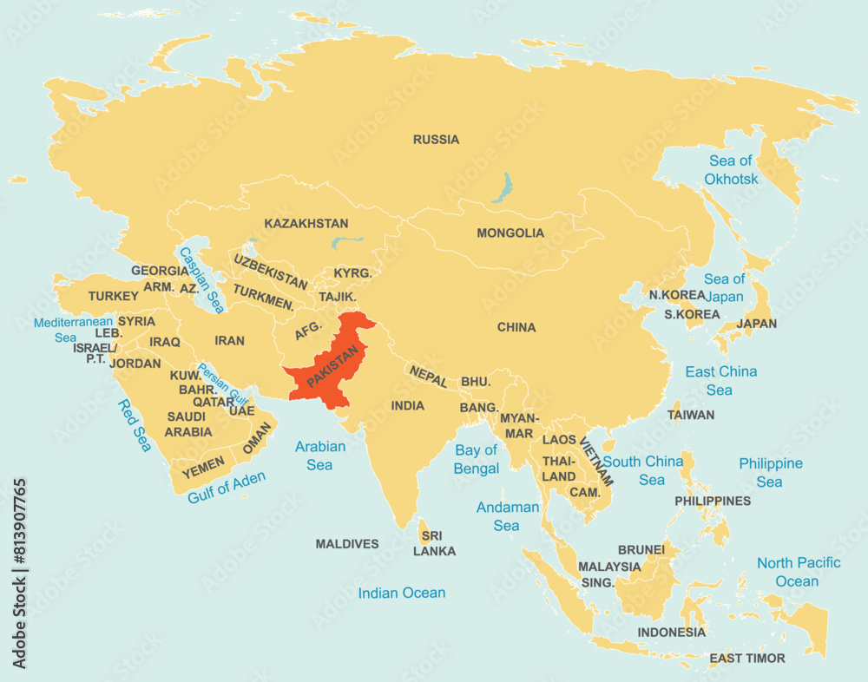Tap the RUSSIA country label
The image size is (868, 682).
436,140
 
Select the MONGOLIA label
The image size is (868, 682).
510,233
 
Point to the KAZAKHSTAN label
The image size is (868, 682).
306,224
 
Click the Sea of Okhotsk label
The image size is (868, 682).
731,170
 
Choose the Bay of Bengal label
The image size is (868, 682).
477,459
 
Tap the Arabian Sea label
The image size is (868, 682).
319,456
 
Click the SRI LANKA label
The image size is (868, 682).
434,543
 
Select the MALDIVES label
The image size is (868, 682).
347,544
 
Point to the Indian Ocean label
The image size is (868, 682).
402,593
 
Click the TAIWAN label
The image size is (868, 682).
691,415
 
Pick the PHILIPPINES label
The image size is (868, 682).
713,501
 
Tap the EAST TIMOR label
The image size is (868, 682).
746,659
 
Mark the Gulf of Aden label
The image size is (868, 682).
227,488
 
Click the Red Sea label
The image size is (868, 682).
135,425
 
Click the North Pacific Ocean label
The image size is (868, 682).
798,572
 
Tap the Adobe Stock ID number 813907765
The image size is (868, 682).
20,573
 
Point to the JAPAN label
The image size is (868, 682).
756,324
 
